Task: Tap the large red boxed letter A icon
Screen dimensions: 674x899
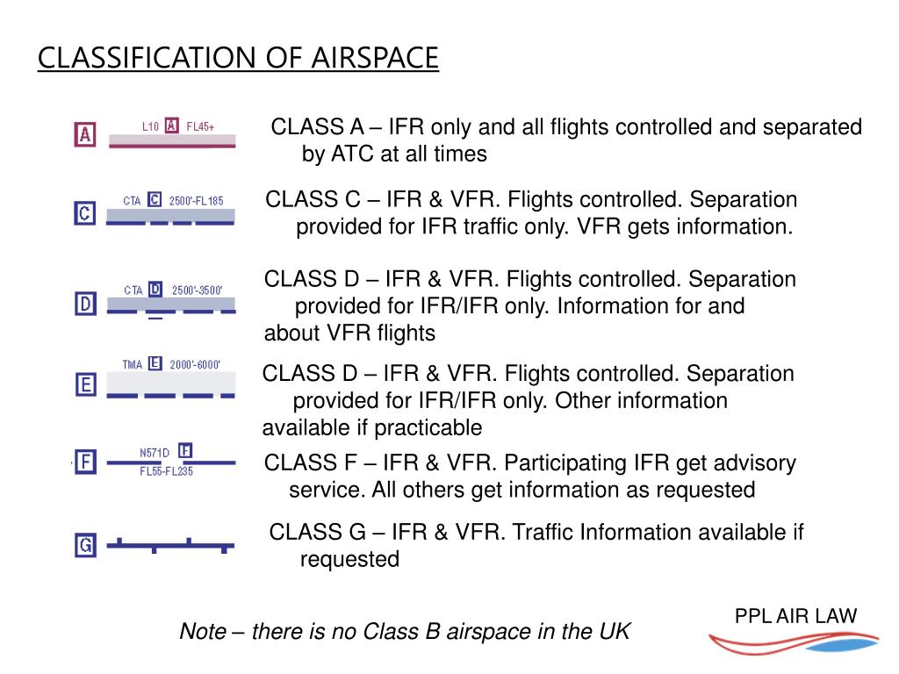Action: pos(84,134)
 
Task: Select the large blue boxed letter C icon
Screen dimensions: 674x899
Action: pos(84,212)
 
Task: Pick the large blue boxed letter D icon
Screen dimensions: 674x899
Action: pos(84,305)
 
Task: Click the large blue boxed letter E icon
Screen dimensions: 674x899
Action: pos(85,384)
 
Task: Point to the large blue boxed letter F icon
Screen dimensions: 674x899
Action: pos(85,462)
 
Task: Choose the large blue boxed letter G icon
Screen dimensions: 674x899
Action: pos(85,546)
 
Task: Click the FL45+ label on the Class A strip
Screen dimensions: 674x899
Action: pos(200,126)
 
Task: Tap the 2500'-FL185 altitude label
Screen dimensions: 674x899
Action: pos(196,201)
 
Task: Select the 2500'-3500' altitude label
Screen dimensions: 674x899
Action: pos(198,290)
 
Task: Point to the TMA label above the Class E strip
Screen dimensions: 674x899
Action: pos(133,364)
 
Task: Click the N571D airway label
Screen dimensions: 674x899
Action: pos(155,453)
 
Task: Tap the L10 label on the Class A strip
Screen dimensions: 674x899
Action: pos(150,126)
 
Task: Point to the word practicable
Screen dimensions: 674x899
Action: pos(428,428)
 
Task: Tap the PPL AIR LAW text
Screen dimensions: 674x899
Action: pos(795,616)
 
